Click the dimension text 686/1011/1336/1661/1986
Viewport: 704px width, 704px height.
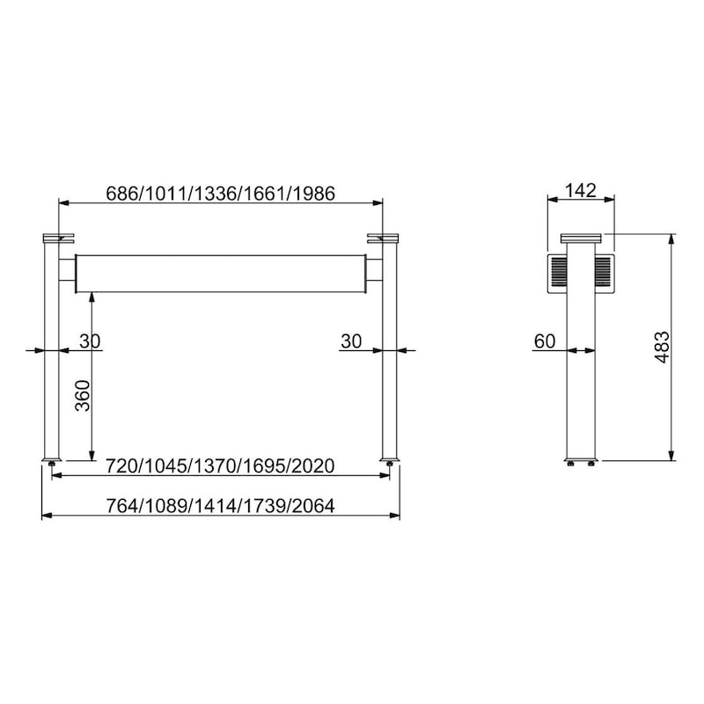pyautogui.click(x=221, y=194)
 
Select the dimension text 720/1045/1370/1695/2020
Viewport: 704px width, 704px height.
pyautogui.click(x=220, y=466)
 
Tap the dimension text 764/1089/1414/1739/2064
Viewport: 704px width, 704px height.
pyautogui.click(x=220, y=506)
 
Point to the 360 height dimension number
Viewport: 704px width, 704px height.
pyautogui.click(x=83, y=395)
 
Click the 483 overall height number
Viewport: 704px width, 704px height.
pyautogui.click(x=663, y=348)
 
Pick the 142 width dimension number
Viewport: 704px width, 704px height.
pyautogui.click(x=581, y=190)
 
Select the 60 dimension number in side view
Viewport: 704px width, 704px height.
pyautogui.click(x=545, y=341)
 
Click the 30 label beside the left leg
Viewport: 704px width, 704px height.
pyautogui.click(x=90, y=341)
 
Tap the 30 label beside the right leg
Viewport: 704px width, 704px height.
pyautogui.click(x=351, y=341)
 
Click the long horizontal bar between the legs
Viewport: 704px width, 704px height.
pyautogui.click(x=221, y=274)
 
